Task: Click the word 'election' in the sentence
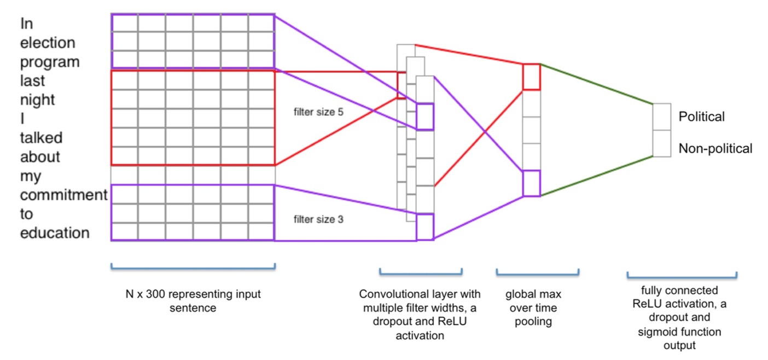pyautogui.click(x=48, y=43)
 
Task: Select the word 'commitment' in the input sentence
pyautogui.click(x=63, y=195)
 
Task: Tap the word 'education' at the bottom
pyautogui.click(x=55, y=233)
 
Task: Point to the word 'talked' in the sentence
pyautogui.click(x=41, y=138)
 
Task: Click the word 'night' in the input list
pyautogui.click(x=38, y=100)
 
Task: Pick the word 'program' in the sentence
pyautogui.click(x=50, y=62)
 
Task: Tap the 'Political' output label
pyautogui.click(x=701, y=117)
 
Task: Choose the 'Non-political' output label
pyautogui.click(x=715, y=148)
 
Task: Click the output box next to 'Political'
pyautogui.click(x=661, y=117)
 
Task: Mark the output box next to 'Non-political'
pyautogui.click(x=661, y=144)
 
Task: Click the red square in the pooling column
pyautogui.click(x=531, y=77)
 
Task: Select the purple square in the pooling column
pyautogui.click(x=531, y=183)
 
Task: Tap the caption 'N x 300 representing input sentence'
pyautogui.click(x=192, y=301)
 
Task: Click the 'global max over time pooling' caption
pyautogui.click(x=533, y=307)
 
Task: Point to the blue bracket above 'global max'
pyautogui.click(x=537, y=272)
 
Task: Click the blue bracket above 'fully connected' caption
pyautogui.click(x=681, y=275)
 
